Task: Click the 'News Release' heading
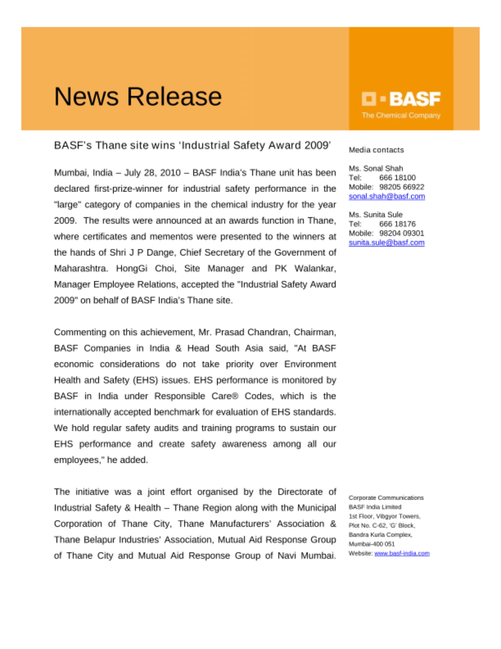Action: [138, 96]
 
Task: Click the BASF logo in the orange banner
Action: [401, 99]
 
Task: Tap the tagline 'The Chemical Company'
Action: [401, 116]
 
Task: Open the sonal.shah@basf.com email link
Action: [387, 196]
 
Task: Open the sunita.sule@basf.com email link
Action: [387, 242]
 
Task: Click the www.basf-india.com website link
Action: [402, 553]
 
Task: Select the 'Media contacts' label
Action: [376, 150]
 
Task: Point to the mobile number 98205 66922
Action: [401, 187]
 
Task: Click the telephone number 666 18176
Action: [397, 224]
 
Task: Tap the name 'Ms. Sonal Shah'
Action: [376, 168]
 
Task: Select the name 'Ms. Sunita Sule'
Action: [376, 214]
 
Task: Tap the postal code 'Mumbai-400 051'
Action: [372, 544]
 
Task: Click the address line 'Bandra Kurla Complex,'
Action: [380, 534]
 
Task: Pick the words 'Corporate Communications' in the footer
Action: [386, 498]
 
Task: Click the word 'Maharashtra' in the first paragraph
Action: [80, 268]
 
